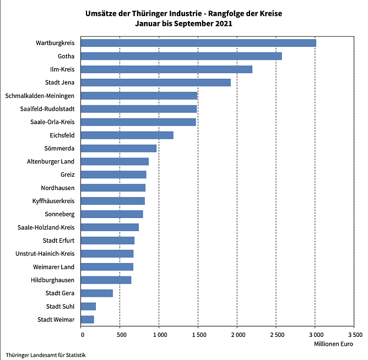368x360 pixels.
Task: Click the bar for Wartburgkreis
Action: coord(198,43)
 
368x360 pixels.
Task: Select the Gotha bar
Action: coord(181,56)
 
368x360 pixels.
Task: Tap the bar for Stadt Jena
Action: coord(155,83)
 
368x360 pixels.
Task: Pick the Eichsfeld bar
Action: coord(127,135)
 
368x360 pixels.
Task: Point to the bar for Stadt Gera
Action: coord(96,293)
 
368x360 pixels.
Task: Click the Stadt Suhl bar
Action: coord(88,307)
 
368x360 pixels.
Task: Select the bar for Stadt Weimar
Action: coord(87,320)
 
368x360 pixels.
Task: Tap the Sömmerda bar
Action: coord(118,149)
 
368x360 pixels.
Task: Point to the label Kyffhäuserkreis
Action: coord(53,201)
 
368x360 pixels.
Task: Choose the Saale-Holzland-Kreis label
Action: coord(46,227)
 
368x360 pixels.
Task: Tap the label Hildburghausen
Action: coord(52,280)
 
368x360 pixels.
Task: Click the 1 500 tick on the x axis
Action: coord(198,334)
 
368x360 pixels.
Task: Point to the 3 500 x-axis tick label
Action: coord(354,334)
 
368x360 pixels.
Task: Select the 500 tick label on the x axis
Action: coord(120,334)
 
